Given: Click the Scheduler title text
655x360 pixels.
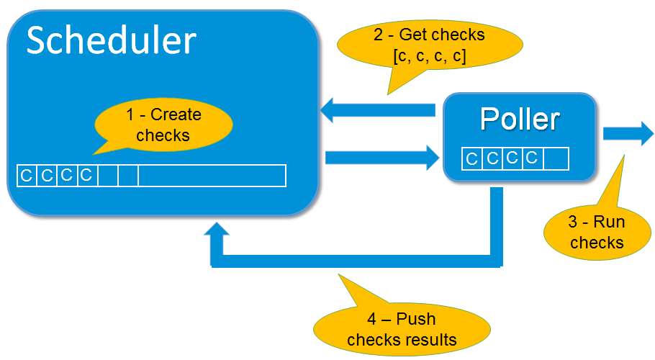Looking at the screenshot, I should [111, 41].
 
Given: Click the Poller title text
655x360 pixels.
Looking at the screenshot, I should [520, 119].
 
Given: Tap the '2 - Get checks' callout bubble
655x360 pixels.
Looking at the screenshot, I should [429, 45].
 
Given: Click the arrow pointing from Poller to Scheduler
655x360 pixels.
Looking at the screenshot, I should [379, 110].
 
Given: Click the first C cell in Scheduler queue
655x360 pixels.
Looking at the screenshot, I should [27, 176].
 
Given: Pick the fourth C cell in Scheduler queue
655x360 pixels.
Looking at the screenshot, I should [87, 176].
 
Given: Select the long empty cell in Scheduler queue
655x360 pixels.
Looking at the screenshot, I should [212, 176].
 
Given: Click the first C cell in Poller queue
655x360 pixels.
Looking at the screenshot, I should [472, 158].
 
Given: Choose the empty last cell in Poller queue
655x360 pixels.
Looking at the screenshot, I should [556, 158].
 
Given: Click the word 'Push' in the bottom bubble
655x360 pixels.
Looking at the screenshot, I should [416, 319].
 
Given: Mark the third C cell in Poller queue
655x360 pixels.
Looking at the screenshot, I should [512, 158].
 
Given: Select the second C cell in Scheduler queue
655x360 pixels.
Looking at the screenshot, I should [47, 176].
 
